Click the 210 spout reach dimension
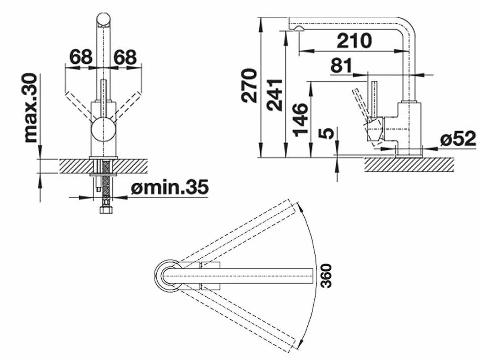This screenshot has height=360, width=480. (354, 41)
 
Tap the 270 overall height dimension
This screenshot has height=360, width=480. (249, 86)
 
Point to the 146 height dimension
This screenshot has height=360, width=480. (301, 120)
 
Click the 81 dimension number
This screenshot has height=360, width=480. (341, 65)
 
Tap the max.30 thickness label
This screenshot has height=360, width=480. (31, 108)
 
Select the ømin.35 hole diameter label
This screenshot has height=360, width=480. (170, 186)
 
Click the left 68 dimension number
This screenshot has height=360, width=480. (81, 57)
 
